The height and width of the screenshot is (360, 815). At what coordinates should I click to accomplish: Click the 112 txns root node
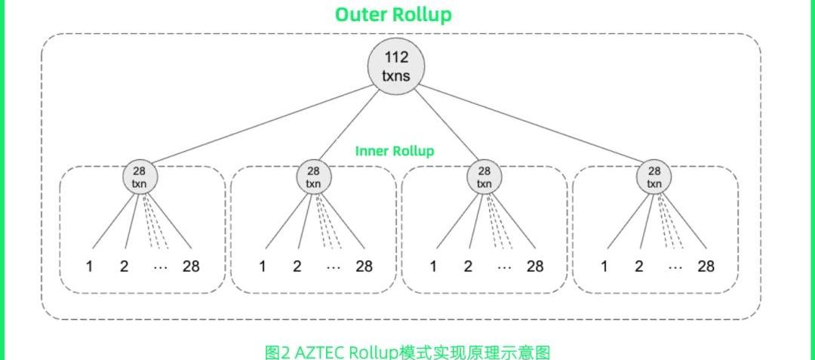[392, 66]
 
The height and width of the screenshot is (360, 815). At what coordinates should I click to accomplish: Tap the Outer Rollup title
[393, 14]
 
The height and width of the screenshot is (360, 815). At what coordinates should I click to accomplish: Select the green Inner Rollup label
[395, 151]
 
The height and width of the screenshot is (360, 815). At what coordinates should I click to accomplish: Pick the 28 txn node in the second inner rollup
[313, 177]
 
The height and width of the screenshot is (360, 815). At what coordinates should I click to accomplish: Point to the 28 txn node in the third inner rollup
[484, 177]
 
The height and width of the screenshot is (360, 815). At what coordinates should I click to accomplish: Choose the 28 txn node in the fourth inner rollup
[654, 177]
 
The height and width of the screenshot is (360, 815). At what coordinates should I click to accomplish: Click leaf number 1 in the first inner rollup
[91, 266]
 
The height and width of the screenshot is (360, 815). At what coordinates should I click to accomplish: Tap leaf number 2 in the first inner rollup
[125, 266]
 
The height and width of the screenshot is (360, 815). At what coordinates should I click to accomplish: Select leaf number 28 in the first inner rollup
[191, 266]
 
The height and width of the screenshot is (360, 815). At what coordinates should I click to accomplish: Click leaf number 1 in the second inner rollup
[262, 266]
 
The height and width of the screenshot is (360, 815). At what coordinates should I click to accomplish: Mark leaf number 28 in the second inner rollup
[363, 266]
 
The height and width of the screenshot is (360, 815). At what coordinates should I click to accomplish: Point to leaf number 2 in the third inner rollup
[467, 266]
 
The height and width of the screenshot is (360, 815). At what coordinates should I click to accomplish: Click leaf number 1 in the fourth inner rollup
[604, 266]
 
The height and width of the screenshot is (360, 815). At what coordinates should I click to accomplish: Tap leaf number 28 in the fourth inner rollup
[706, 266]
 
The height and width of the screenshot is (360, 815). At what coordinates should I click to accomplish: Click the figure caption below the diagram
[407, 351]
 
